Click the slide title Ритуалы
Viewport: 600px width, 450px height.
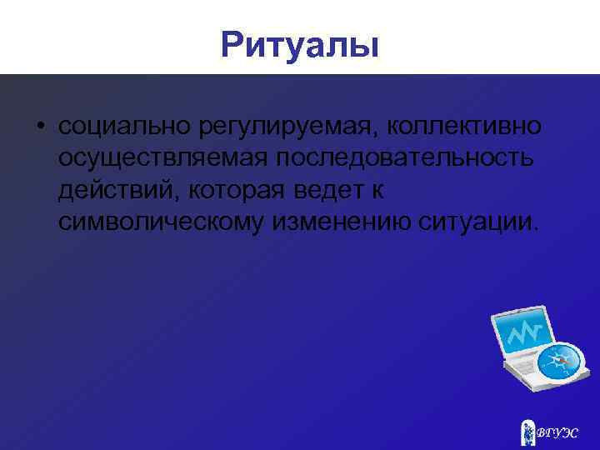coord(300,44)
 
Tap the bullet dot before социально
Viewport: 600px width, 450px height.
coord(40,127)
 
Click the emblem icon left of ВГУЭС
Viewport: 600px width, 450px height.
coord(527,432)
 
